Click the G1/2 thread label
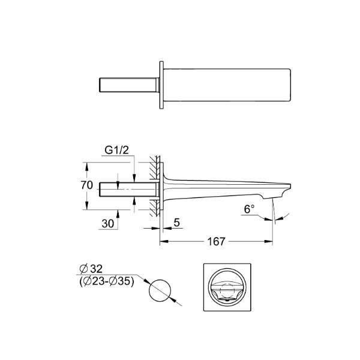pos(116,151)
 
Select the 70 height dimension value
pos(87,185)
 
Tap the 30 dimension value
pos(108,223)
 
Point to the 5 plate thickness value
pos(177,222)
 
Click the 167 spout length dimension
pos(216,241)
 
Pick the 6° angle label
pos(249,209)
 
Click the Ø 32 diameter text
pos(91,269)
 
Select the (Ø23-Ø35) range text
pos(107,281)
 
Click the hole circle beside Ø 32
pos(160,290)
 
